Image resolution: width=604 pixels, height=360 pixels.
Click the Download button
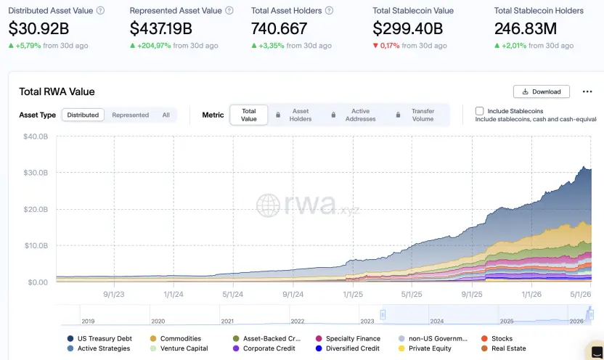542,91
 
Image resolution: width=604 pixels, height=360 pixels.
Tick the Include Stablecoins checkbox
479,111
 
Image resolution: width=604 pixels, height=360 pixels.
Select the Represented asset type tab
130,115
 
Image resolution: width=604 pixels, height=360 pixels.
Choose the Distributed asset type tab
83,115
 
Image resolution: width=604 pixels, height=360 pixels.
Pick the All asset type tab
166,115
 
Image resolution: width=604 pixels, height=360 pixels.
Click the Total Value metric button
249,115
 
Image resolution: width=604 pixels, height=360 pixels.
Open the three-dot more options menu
587,91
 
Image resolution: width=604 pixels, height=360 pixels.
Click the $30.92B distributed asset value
38,28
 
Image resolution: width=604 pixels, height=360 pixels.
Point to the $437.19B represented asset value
160,28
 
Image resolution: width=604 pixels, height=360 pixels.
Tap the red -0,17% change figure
390,46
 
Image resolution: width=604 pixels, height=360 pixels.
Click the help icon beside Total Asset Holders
329,11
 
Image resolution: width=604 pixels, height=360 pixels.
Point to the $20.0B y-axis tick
36,210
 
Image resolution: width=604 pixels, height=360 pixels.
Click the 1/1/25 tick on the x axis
353,294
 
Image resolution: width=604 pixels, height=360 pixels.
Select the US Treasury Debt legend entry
99,338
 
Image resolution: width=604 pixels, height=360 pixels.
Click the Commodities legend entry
175,338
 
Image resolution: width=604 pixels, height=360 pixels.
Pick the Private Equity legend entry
425,348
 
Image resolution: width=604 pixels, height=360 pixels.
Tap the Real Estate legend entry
504,348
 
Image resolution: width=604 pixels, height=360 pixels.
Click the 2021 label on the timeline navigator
227,321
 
